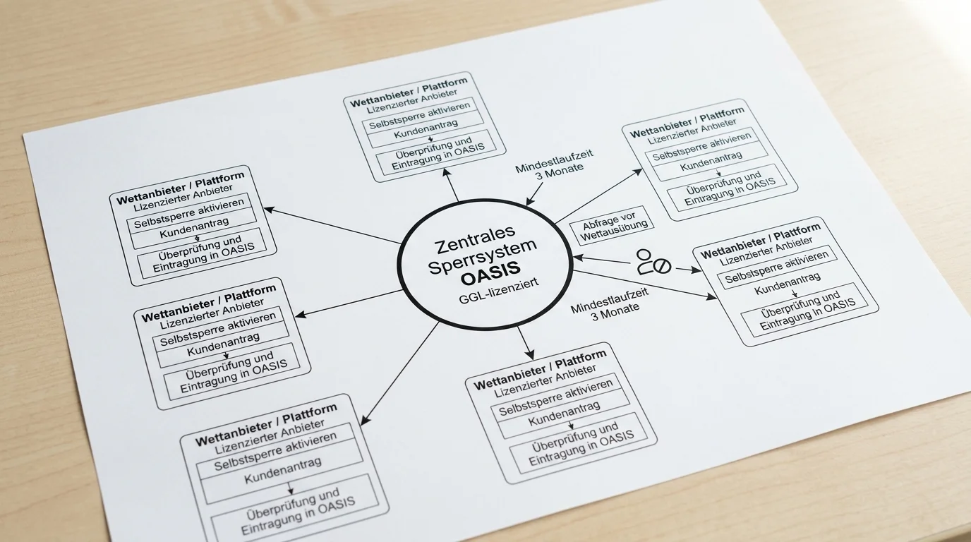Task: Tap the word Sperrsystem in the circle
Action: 483,256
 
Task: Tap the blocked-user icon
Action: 653,262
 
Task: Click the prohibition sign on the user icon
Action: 662,266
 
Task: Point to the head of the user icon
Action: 644,255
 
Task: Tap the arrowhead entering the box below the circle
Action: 529,353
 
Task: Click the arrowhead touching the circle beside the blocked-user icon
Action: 578,258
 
